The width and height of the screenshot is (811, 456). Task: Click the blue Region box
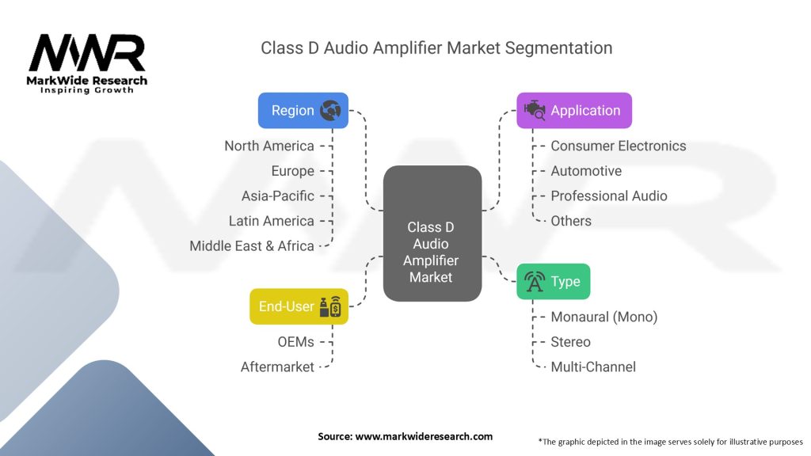pos(303,111)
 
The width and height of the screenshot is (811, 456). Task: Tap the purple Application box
pos(574,111)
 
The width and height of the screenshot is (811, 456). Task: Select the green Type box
pos(553,282)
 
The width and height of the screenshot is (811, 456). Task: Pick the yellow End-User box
pos(299,306)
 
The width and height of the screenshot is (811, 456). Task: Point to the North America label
pos(269,146)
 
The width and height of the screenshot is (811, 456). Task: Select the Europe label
pos(292,171)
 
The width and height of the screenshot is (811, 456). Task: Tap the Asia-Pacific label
pos(277,196)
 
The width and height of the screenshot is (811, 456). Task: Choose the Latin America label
pos(272,221)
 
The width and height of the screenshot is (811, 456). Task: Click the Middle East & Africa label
pos(252,246)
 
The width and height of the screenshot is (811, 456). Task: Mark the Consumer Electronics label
pos(618,146)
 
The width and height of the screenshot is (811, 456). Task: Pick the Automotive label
pos(586,171)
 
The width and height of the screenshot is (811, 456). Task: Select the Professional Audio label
pos(608,196)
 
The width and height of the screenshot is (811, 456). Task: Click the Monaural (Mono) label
pos(603,317)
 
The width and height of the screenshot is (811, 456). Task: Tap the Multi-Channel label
pos(593,367)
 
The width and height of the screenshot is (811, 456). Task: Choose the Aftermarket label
pos(277,367)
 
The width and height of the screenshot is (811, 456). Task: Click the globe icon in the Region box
pos(330,111)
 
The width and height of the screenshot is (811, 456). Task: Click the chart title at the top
pos(436,48)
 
